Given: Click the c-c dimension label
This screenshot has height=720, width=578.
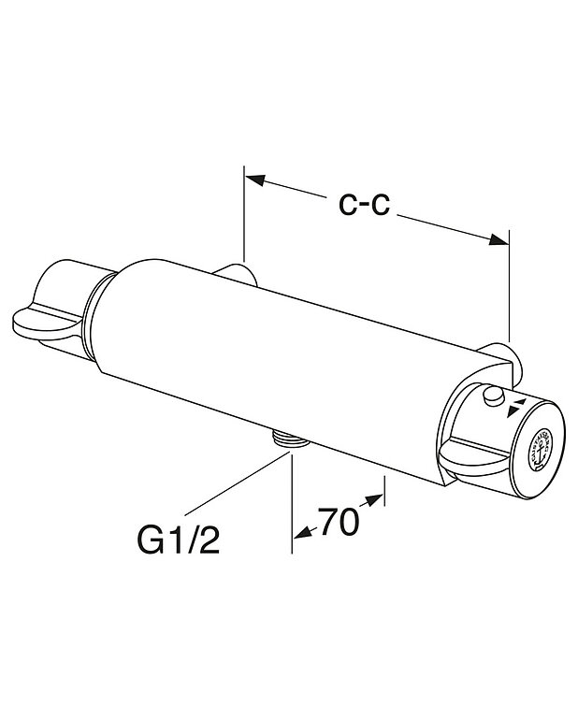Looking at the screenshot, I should [x=364, y=205].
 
